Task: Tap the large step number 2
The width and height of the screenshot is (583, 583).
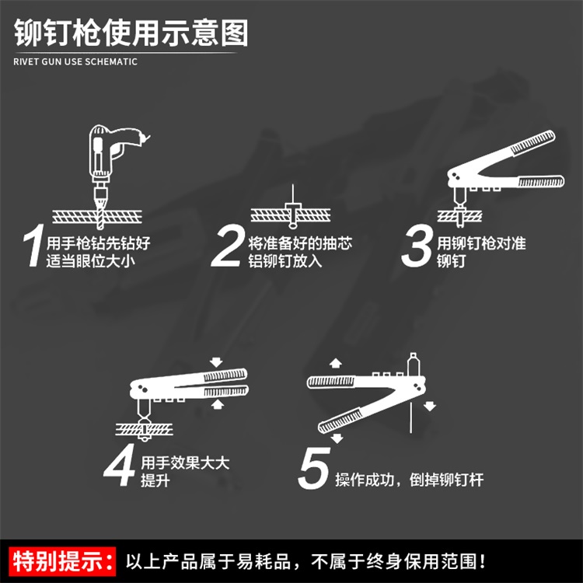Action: coord(227,246)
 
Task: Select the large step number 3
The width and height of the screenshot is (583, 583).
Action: coord(417,246)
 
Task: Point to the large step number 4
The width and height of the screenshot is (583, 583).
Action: coord(120,465)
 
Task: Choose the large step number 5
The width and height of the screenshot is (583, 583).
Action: coord(314,468)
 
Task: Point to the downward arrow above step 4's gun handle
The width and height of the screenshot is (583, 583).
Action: coord(216,361)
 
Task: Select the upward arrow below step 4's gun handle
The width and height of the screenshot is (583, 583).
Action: coord(217,404)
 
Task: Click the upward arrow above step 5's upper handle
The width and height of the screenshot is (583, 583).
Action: coord(335,363)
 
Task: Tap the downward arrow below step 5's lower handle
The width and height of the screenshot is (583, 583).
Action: coord(337,438)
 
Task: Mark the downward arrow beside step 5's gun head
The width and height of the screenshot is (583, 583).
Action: coord(430,406)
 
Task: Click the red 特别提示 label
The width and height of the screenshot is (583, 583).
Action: coord(62,561)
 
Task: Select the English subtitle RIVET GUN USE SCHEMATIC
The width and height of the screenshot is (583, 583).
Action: coord(75,61)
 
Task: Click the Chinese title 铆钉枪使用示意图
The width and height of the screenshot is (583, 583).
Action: coord(131,33)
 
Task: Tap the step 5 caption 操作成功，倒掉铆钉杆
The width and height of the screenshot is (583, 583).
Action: coord(410,480)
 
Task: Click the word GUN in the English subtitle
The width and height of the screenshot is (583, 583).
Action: coord(51,61)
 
